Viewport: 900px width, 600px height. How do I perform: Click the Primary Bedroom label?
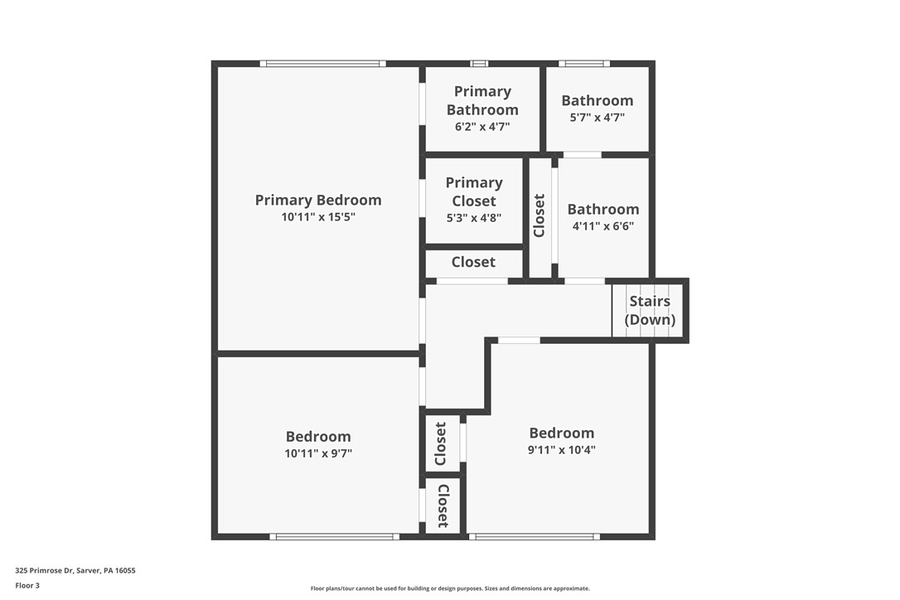[318, 200]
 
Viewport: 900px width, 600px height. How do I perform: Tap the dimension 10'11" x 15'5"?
[318, 217]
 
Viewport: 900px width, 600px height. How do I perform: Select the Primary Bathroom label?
[482, 100]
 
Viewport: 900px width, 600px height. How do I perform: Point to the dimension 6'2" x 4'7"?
[482, 127]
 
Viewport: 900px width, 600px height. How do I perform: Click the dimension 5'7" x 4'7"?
[597, 118]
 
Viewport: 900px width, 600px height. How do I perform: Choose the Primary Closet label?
[474, 191]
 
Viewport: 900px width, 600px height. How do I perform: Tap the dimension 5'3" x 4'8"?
[474, 218]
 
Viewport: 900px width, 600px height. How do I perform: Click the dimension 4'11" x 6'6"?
[602, 225]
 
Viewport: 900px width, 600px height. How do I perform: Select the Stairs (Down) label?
[650, 310]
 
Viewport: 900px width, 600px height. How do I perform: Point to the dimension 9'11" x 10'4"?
[562, 450]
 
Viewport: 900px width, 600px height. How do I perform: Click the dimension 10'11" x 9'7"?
[318, 453]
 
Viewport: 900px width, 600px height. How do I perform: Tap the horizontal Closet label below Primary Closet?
[473, 262]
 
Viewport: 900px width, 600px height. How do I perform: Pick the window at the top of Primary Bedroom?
[322, 63]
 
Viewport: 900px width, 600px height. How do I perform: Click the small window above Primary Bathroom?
[479, 63]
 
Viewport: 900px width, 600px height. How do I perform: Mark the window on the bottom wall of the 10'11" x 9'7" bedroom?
[334, 537]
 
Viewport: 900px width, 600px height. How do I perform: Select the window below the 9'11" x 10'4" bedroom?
[535, 537]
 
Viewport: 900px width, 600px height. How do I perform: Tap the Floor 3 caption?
[27, 585]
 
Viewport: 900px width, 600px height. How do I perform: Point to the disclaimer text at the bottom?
[450, 588]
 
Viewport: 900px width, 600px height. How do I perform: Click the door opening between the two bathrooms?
[583, 155]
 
